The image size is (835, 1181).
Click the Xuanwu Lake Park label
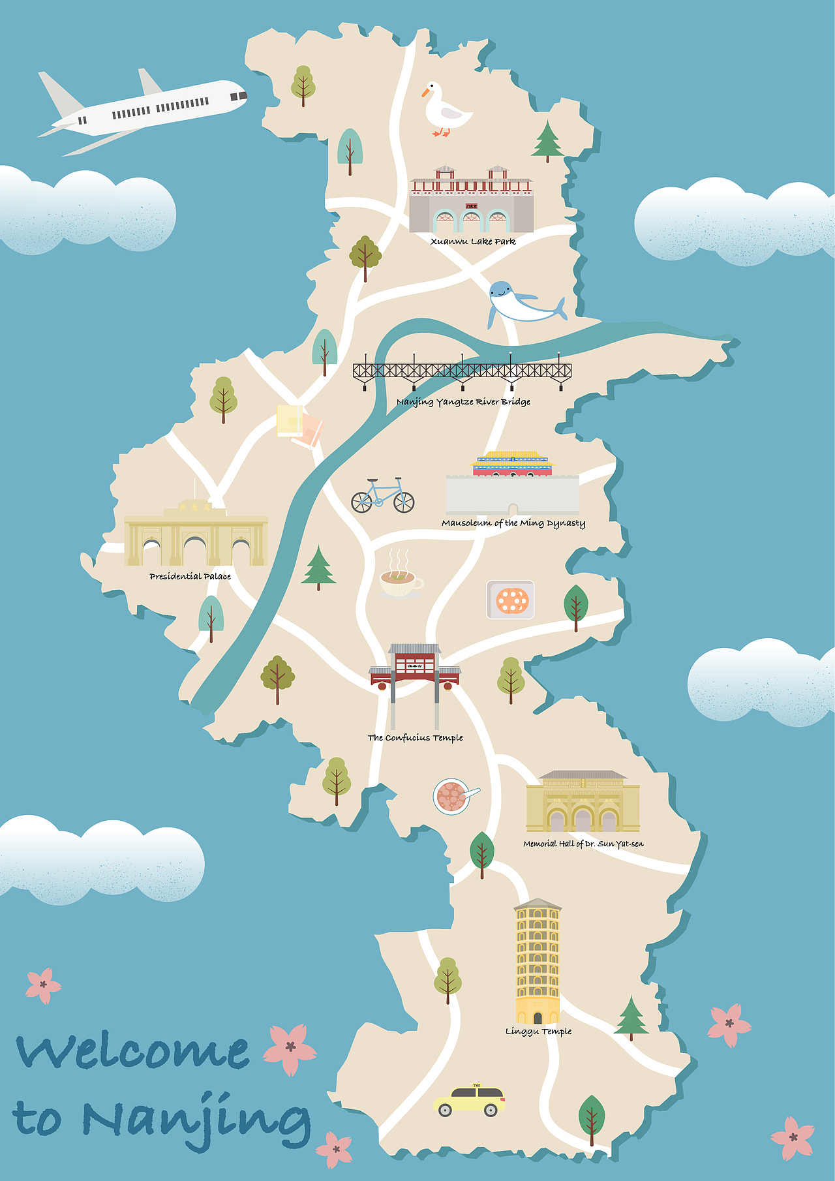click(x=473, y=241)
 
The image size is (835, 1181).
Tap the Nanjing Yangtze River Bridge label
click(x=463, y=402)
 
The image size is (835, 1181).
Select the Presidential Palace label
click(x=190, y=576)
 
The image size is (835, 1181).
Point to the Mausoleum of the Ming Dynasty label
click(x=513, y=523)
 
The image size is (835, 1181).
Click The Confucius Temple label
click(x=415, y=738)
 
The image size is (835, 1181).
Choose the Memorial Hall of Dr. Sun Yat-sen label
click(x=583, y=844)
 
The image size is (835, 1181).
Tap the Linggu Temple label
click(x=538, y=1032)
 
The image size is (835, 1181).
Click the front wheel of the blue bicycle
click(x=404, y=502)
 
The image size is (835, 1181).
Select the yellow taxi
click(x=469, y=1101)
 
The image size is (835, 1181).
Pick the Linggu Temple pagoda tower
click(x=538, y=959)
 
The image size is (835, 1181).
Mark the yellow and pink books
click(x=299, y=425)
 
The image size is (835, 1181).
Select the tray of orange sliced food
click(x=511, y=600)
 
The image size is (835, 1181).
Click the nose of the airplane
click(x=243, y=95)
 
